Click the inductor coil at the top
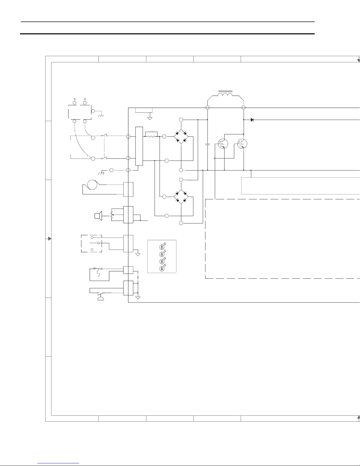click(225, 95)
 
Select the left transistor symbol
click(223, 143)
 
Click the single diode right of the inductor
click(252, 120)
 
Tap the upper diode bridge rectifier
click(181, 136)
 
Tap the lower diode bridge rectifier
click(181, 196)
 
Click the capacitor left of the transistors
click(207, 145)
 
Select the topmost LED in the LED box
click(161, 247)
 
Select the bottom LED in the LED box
click(161, 269)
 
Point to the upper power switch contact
click(104, 136)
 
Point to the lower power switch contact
click(104, 158)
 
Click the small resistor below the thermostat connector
click(138, 277)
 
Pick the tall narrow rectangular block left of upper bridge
click(139, 146)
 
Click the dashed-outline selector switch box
click(91, 244)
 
